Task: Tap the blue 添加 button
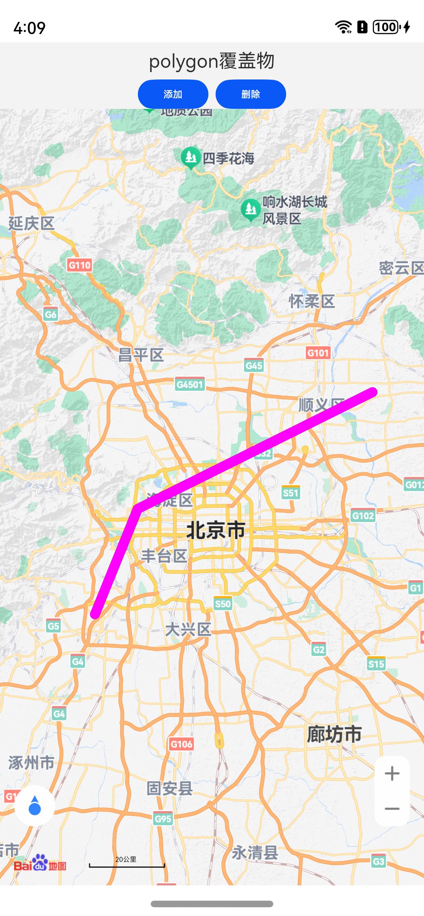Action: point(173,94)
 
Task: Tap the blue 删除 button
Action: point(251,94)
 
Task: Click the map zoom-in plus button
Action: point(392,774)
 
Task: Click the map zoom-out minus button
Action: point(392,809)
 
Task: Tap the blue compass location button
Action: point(34,806)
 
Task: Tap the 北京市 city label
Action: point(216,530)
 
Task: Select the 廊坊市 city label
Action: point(334,734)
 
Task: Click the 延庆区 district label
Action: point(31,224)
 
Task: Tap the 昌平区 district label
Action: point(141,355)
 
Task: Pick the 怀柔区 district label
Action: point(312,301)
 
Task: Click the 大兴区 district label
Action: point(188,629)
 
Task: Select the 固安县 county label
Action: point(170,788)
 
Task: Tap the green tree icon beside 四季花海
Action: point(191,157)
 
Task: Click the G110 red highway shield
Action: point(79,265)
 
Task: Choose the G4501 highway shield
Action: point(190,384)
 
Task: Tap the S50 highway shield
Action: point(223,603)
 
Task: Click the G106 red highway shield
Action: point(181,744)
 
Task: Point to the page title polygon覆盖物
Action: point(212,61)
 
